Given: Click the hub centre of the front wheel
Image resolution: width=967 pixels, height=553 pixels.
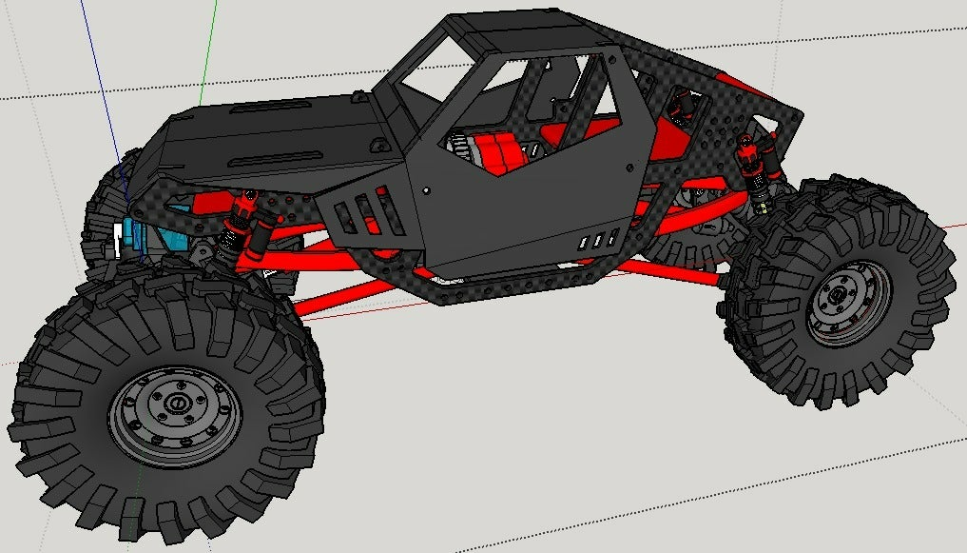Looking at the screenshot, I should point(174,405).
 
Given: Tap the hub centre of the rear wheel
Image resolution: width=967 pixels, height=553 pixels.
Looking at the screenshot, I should point(837,296).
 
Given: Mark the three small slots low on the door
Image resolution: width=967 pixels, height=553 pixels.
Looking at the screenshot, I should point(595,241).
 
